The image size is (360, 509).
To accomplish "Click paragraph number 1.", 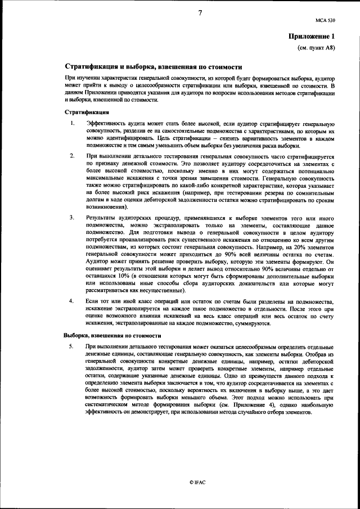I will pos(71,123).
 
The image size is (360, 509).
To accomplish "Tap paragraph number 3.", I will pos(71,218).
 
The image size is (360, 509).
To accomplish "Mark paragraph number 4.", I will pos(71,301).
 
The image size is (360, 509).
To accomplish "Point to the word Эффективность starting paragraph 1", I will pos(110,123).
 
